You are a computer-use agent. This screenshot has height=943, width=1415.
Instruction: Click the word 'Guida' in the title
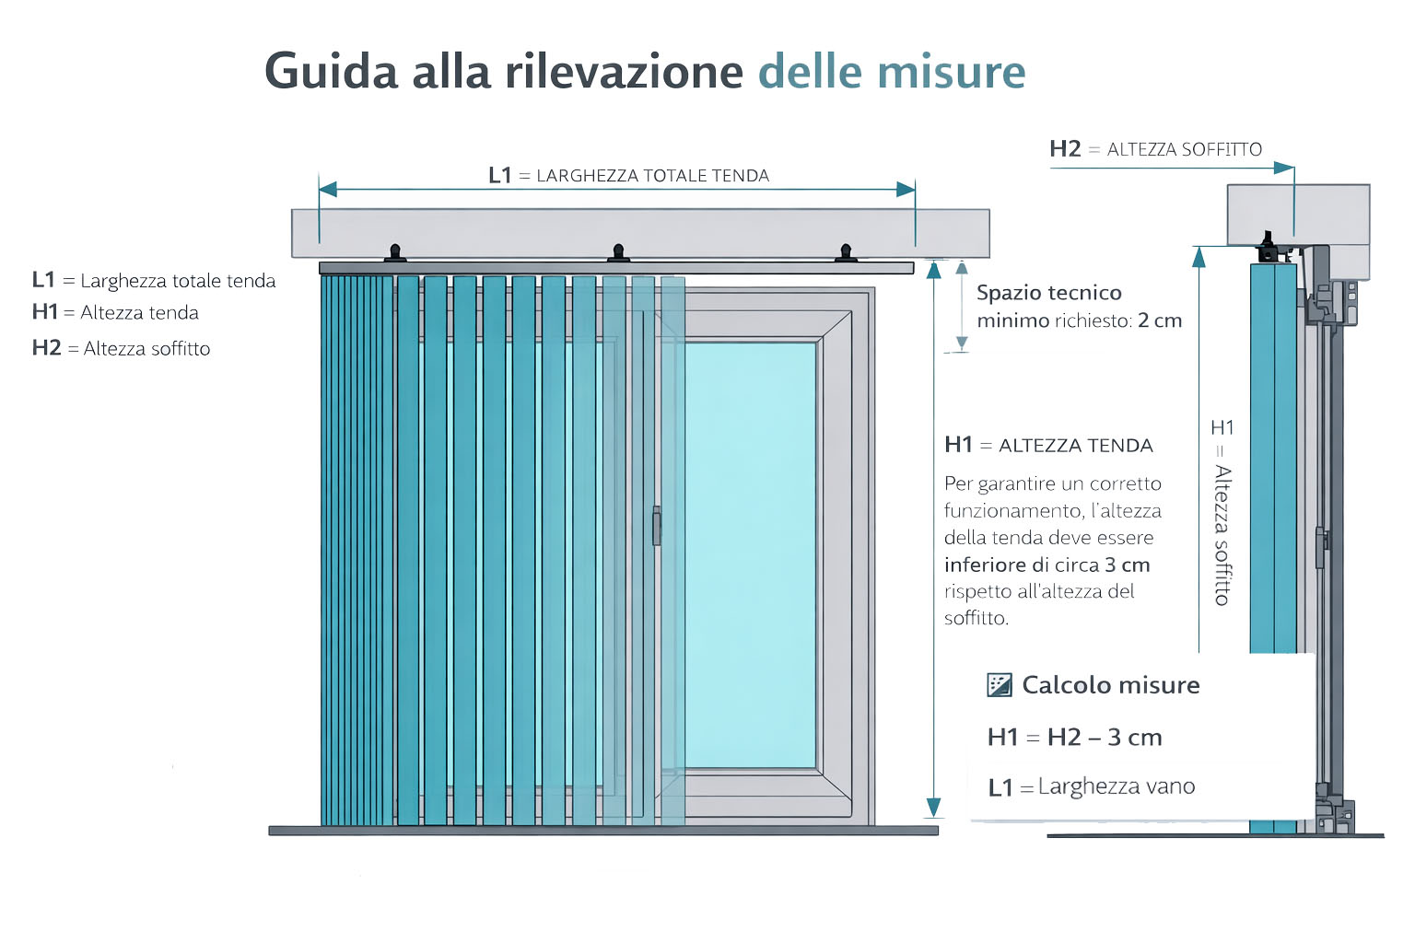click(x=331, y=72)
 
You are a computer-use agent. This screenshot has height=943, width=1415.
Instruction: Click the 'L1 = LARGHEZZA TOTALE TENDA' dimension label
click(x=628, y=175)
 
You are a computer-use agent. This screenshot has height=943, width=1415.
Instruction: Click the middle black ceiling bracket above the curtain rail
click(x=619, y=253)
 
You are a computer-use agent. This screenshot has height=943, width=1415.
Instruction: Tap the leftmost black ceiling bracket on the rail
click(x=395, y=253)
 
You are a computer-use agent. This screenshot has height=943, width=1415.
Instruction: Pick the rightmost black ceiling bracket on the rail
click(x=845, y=253)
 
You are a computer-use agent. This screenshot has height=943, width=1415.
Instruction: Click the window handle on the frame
click(x=657, y=526)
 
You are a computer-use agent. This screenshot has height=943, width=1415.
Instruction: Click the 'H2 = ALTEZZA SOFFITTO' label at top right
click(x=1155, y=149)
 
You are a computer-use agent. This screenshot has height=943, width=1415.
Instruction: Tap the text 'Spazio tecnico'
click(x=1048, y=293)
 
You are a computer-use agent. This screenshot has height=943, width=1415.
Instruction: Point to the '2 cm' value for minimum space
click(x=1159, y=320)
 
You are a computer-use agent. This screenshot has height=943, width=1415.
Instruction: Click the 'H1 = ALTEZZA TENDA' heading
click(x=1048, y=446)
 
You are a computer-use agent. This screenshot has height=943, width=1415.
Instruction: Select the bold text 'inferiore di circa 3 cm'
click(x=1047, y=565)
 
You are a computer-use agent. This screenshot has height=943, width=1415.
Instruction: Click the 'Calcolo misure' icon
click(x=1000, y=684)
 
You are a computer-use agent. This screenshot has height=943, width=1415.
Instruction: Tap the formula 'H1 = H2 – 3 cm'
click(x=1074, y=738)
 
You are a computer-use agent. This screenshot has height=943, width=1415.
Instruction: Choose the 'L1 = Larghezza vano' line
click(x=1091, y=787)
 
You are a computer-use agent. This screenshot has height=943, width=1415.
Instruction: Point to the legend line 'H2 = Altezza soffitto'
click(x=121, y=348)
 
